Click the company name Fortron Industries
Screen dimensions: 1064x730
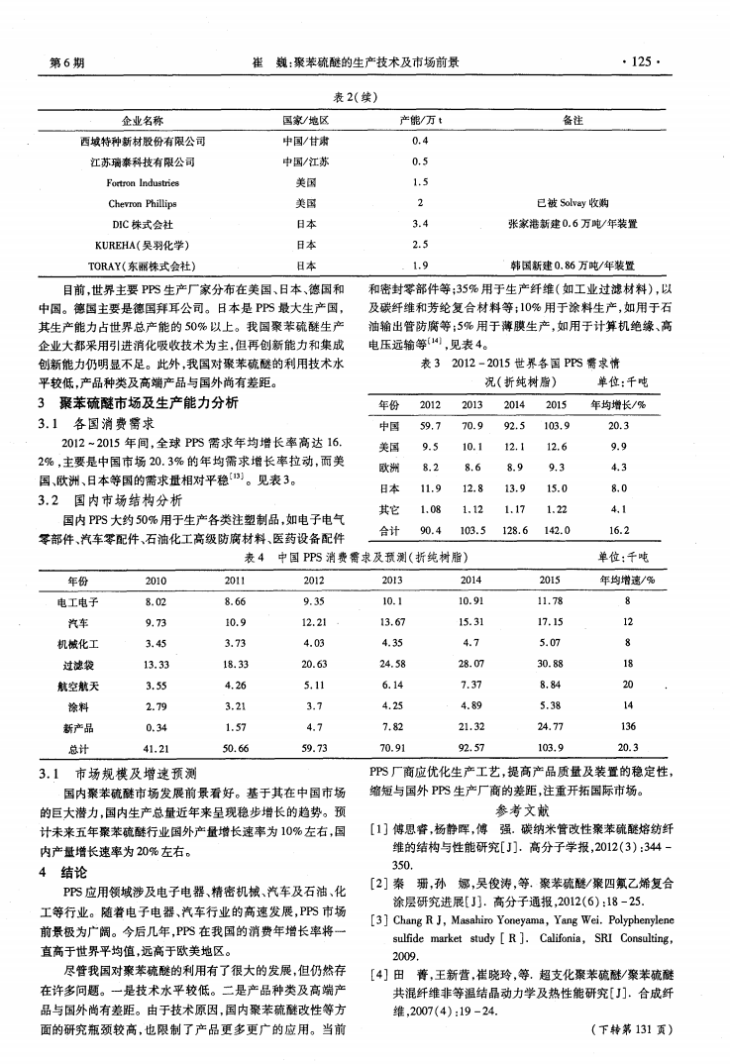(x=143, y=183)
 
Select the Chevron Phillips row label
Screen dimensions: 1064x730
(x=143, y=203)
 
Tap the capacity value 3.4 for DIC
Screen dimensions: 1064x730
(x=419, y=224)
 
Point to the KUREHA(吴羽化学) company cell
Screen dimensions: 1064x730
(x=143, y=245)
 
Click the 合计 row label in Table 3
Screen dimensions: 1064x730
(x=389, y=531)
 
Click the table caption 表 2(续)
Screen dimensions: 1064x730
(x=365, y=96)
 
